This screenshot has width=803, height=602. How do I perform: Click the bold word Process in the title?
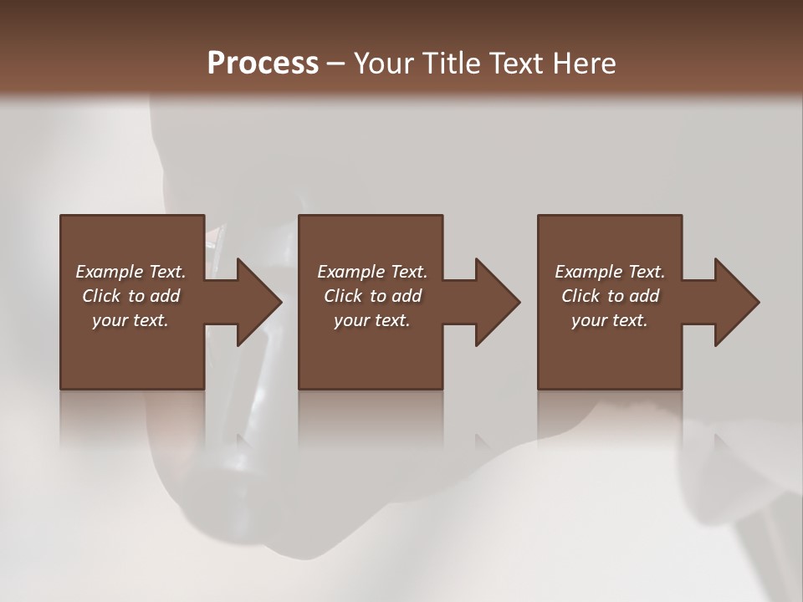click(263, 64)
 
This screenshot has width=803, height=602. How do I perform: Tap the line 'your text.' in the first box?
click(130, 320)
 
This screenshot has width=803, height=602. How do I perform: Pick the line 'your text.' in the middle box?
click(372, 320)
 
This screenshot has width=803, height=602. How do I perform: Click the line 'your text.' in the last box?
click(610, 320)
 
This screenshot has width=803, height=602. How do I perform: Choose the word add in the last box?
click(645, 296)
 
